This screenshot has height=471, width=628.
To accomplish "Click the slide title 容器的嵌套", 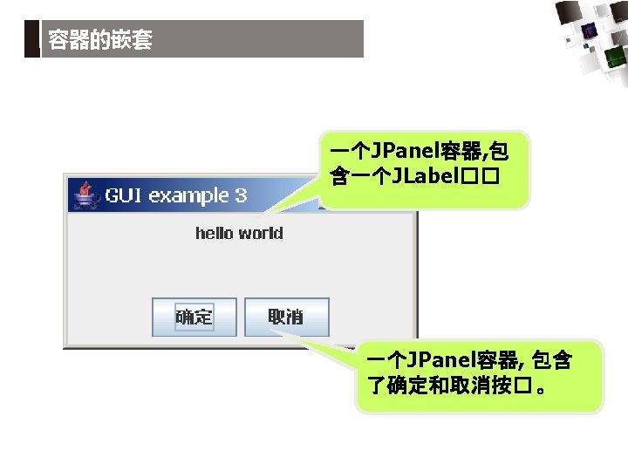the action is point(100,40).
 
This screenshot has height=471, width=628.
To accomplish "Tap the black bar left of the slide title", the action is point(31,39).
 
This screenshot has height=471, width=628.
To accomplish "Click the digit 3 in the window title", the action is point(241,195).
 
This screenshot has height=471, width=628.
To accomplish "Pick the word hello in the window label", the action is point(214,233).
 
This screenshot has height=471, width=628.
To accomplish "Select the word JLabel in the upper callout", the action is point(427,178).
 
